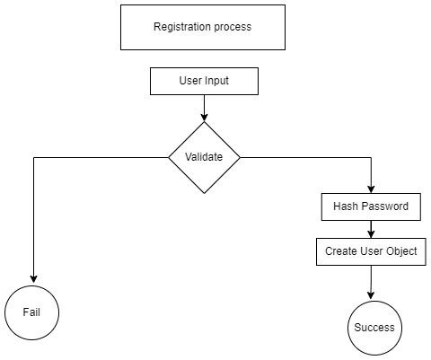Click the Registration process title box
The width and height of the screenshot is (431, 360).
point(202,28)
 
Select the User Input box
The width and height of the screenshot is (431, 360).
point(204,83)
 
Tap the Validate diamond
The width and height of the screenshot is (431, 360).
point(204,157)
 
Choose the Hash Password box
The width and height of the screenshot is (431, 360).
point(371,206)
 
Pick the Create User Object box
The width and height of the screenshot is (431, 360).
point(371,251)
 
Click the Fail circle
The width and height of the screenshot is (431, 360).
point(33,313)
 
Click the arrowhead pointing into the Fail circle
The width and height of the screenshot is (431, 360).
point(33,278)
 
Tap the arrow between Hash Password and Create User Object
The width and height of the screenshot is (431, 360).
point(371,229)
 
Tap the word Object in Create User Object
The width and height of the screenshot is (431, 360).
point(400,251)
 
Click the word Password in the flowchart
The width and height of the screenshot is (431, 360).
point(385,206)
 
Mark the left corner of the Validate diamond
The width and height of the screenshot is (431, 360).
point(171,157)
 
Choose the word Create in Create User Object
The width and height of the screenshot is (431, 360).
point(341,251)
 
